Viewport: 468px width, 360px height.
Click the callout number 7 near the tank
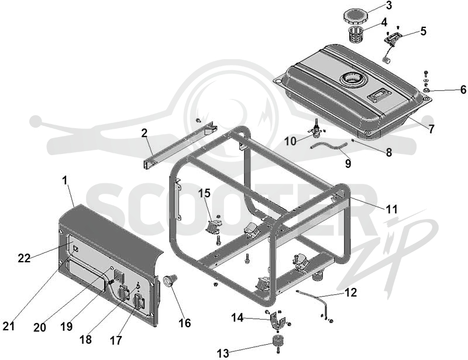coord(431,129)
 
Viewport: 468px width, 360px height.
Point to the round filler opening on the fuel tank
coord(353,79)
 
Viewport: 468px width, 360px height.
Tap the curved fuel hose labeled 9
coord(329,146)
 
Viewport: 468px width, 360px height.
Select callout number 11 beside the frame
coord(391,209)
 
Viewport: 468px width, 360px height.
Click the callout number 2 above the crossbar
coord(144,133)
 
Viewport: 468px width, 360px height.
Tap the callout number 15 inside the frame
coord(204,193)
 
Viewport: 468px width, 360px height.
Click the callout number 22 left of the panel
coord(24,258)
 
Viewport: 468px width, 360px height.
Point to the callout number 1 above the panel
coord(65,180)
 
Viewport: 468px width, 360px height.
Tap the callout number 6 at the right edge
coord(463,89)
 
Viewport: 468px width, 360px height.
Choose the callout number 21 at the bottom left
coord(8,326)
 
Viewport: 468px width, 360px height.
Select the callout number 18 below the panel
coord(85,340)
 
